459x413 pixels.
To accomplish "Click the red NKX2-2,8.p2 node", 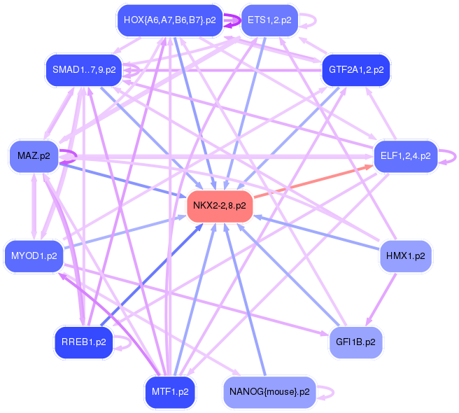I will tap(219, 206).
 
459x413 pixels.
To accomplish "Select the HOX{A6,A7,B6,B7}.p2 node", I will tap(169, 20).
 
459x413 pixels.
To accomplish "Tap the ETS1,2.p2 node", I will tap(269, 20).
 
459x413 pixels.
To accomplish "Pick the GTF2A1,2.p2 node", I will tap(355, 70).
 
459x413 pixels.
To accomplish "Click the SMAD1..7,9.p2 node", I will tap(84, 69).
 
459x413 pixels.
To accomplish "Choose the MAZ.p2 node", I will tap(33, 155).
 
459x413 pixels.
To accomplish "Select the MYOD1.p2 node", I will tap(33, 255).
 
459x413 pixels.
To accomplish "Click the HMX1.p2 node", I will tap(406, 255).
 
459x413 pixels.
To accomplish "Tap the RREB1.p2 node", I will tap(83, 342).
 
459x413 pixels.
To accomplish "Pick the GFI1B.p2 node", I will tap(355, 342).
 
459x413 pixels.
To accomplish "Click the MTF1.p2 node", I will tap(169, 391).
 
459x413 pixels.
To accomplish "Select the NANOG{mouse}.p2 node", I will tap(269, 391).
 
